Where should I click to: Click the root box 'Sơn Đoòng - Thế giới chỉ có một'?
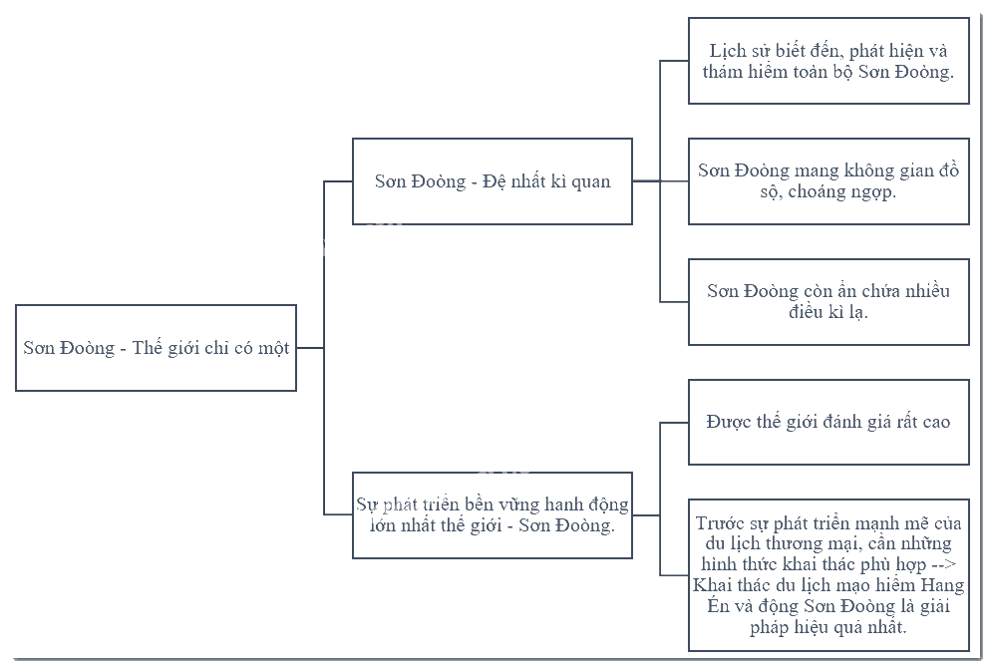pyautogui.click(x=157, y=348)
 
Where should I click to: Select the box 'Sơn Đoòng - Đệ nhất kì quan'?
pyautogui.click(x=493, y=181)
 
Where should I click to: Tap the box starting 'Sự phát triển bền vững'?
pyautogui.click(x=493, y=514)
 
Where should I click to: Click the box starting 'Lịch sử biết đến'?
pyautogui.click(x=828, y=61)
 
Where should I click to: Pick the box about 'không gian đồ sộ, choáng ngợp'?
pyautogui.click(x=828, y=181)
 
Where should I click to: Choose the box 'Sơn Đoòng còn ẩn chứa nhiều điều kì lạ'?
pyautogui.click(x=828, y=302)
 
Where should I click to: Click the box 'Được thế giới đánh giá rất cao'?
pyautogui.click(x=828, y=422)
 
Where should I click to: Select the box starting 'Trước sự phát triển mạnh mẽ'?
pyautogui.click(x=828, y=575)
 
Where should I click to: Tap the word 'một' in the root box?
pyautogui.click(x=273, y=348)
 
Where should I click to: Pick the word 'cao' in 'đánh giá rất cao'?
pyautogui.click(x=935, y=423)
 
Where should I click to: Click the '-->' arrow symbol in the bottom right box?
pyautogui.click(x=944, y=564)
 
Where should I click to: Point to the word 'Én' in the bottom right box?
pyautogui.click(x=718, y=605)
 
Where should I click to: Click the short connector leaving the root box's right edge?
pyautogui.click(x=310, y=348)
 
